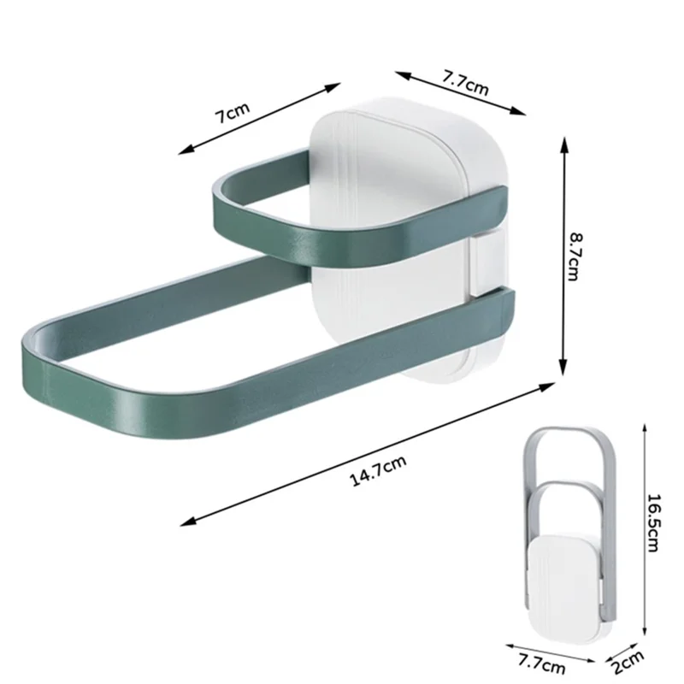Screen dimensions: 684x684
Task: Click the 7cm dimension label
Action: [x=232, y=114]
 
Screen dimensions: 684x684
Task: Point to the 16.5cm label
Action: [x=653, y=521]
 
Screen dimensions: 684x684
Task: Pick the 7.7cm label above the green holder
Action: [x=465, y=84]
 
